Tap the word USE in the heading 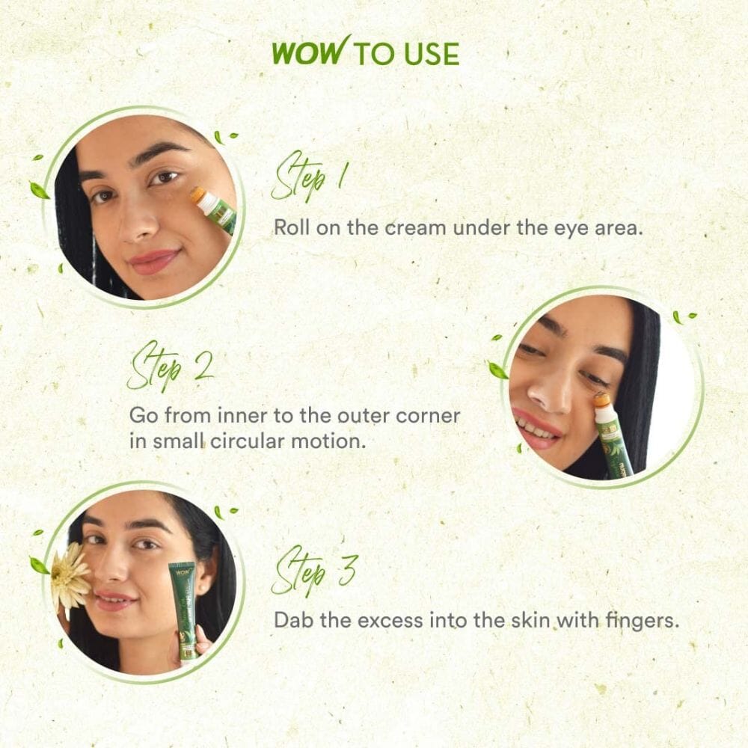click(x=432, y=54)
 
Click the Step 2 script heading click(x=170, y=367)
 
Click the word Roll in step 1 click(x=289, y=227)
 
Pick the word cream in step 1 click(x=414, y=227)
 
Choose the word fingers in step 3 click(x=643, y=621)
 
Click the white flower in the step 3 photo click(x=70, y=576)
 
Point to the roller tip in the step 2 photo click(x=601, y=401)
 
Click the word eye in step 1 click(x=566, y=228)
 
